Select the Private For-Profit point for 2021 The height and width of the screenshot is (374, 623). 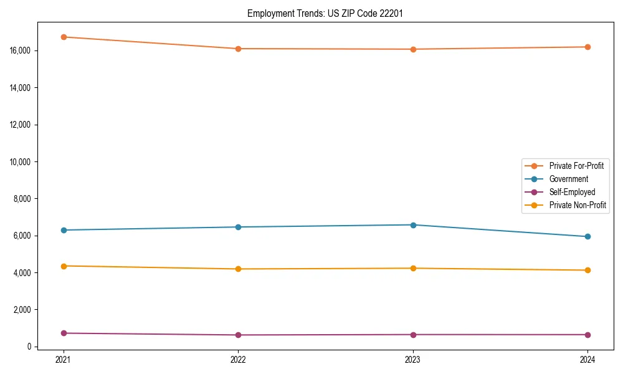coord(63,37)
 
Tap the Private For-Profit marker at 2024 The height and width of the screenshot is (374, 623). coord(587,47)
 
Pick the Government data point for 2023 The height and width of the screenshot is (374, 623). coord(413,225)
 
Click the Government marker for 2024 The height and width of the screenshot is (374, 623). coord(587,237)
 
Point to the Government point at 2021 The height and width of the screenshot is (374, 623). coord(63,230)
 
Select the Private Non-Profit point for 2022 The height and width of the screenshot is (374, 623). coord(238,269)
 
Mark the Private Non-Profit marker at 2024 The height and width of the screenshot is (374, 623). coord(587,270)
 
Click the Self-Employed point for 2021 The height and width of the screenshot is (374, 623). coord(63,333)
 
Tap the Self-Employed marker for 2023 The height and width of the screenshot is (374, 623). coord(413,335)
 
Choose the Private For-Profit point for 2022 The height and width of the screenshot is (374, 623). coord(238,49)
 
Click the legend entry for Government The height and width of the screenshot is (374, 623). coord(568,179)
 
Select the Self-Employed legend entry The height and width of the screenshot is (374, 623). coord(572,192)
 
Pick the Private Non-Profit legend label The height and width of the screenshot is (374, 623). coord(578,205)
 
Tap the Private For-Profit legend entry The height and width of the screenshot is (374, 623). coord(576,166)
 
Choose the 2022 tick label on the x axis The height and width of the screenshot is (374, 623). coord(238,360)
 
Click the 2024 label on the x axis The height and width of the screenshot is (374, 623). coord(587,360)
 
